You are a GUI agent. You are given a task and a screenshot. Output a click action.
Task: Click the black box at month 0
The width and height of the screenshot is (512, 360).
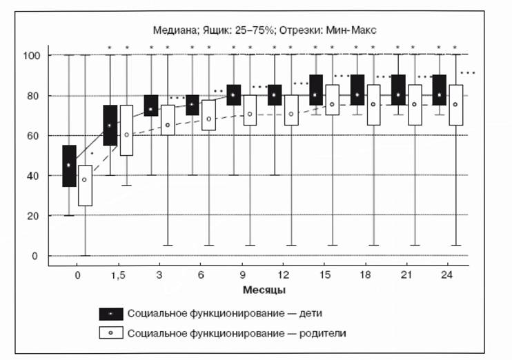pyautogui.click(x=69, y=166)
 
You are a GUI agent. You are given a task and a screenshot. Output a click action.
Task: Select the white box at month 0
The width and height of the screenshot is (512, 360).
pyautogui.click(x=86, y=186)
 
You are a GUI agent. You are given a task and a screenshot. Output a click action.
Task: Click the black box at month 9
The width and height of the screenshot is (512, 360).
pyautogui.click(x=234, y=95)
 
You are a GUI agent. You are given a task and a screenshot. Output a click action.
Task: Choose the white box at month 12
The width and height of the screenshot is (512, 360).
pyautogui.click(x=291, y=110)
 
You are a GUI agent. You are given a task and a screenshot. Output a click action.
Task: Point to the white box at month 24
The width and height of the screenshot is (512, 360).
pyautogui.click(x=456, y=105)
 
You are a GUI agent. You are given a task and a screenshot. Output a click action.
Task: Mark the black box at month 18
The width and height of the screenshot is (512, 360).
pyautogui.click(x=357, y=90)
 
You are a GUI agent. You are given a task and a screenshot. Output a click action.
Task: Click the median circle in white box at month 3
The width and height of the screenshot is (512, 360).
pyautogui.click(x=168, y=125)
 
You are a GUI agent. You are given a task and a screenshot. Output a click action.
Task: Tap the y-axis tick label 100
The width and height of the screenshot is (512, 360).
pyautogui.click(x=31, y=55)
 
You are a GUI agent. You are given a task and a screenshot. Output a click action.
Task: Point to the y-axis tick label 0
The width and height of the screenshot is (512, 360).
pyautogui.click(x=35, y=256)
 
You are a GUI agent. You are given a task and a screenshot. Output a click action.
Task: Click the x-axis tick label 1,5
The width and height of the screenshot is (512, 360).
pyautogui.click(x=118, y=275)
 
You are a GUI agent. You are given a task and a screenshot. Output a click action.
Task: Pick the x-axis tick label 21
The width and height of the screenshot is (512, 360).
pyautogui.click(x=406, y=275)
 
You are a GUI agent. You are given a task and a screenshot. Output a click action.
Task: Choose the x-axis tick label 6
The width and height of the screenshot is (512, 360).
pyautogui.click(x=201, y=275)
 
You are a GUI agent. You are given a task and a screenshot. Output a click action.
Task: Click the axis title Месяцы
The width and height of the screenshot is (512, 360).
pyautogui.click(x=264, y=290)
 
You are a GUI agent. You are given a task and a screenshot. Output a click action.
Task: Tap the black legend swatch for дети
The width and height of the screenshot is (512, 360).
pyautogui.click(x=111, y=314)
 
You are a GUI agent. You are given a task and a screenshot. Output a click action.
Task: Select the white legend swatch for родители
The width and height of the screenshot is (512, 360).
pyautogui.click(x=111, y=333)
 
